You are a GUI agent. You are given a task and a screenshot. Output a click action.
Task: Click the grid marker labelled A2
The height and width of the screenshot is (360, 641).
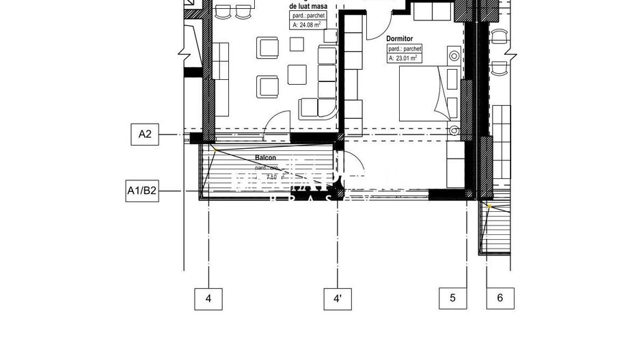145,134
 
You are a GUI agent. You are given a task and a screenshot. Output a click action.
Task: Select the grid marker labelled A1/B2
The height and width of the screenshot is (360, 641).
142,191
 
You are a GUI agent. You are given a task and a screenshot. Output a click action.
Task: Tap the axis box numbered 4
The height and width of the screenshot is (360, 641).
208,298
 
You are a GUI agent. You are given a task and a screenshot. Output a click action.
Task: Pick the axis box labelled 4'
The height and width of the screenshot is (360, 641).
338,298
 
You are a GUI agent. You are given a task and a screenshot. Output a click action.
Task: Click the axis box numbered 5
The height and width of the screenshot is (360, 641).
452,298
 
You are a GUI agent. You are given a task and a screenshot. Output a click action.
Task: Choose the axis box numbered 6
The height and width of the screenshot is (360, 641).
500,298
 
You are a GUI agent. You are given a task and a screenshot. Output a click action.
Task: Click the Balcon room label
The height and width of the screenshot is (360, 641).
267,158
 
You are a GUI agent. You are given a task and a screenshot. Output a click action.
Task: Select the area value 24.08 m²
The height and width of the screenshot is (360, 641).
307,25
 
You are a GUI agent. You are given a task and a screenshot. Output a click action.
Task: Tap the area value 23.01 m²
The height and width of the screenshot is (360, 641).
404,59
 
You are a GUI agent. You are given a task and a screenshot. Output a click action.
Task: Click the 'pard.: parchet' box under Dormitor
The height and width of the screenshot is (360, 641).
405,49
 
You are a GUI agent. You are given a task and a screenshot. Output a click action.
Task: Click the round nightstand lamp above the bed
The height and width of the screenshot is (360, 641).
452,55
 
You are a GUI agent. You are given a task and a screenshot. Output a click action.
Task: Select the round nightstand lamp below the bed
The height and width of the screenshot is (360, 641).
455,130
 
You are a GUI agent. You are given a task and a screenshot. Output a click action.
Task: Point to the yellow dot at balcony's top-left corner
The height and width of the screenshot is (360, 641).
213,148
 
